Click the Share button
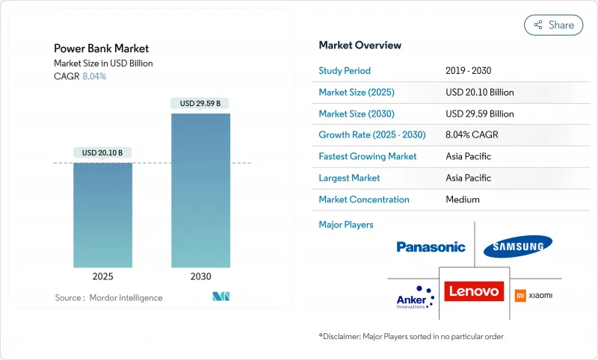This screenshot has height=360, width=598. [554, 25]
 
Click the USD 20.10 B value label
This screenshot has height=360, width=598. [102, 153]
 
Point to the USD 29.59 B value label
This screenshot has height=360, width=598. [200, 103]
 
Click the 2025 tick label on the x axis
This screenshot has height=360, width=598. [102, 276]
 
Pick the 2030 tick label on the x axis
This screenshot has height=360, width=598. [200, 276]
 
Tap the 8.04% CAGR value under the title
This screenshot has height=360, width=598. [93, 76]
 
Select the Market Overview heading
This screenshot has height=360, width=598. [360, 45]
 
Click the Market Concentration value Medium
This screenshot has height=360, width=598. [463, 199]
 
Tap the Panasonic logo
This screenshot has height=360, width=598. [431, 247]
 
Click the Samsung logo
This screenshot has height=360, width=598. [518, 246]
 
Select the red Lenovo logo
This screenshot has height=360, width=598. [474, 291]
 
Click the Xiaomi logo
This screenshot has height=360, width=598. [534, 296]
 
